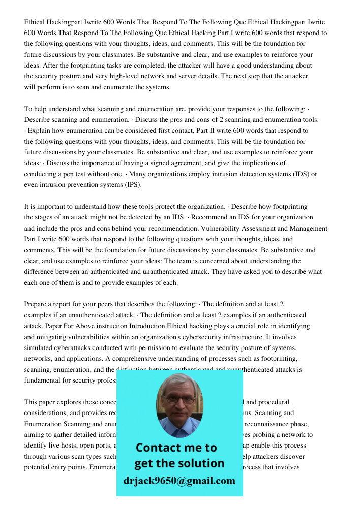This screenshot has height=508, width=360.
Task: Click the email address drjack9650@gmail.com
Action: click(179, 481)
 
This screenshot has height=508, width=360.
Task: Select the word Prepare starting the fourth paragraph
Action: click(37, 304)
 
